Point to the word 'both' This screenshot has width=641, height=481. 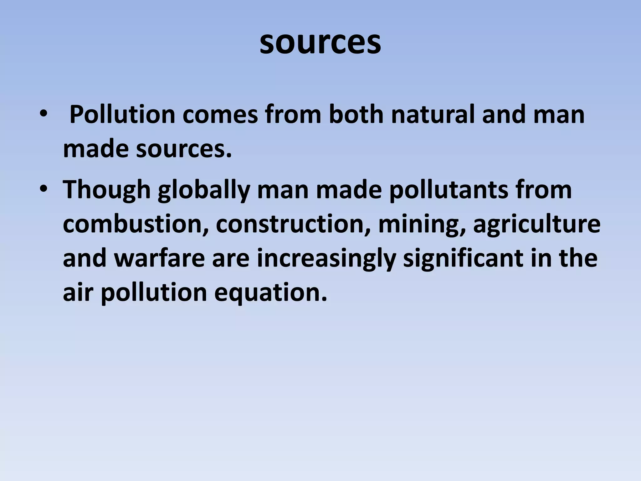[x=356, y=115]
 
